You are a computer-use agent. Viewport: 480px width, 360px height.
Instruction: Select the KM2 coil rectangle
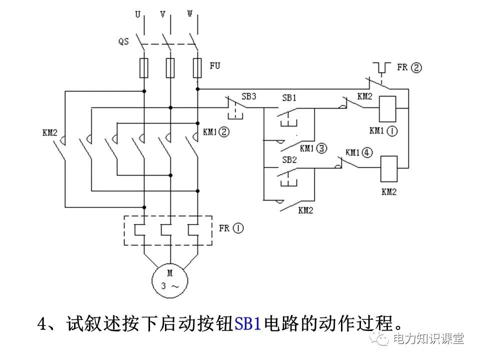tap(389, 168)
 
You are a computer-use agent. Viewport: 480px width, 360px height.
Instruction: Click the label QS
tap(123, 41)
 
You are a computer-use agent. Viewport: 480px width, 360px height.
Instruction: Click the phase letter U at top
tap(137, 14)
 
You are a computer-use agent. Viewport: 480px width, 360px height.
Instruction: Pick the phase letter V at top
tap(163, 14)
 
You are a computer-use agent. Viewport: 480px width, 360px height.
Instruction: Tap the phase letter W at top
tap(190, 14)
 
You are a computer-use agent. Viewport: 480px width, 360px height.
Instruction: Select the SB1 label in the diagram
tap(289, 98)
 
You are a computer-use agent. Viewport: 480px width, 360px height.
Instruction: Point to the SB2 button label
tap(289, 159)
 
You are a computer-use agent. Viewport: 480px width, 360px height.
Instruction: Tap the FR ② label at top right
tap(409, 67)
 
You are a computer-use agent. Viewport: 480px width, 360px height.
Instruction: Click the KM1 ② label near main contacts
tap(216, 132)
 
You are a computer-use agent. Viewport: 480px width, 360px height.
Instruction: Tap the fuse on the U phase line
tap(144, 67)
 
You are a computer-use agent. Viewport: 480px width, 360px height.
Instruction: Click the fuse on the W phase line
tap(197, 67)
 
